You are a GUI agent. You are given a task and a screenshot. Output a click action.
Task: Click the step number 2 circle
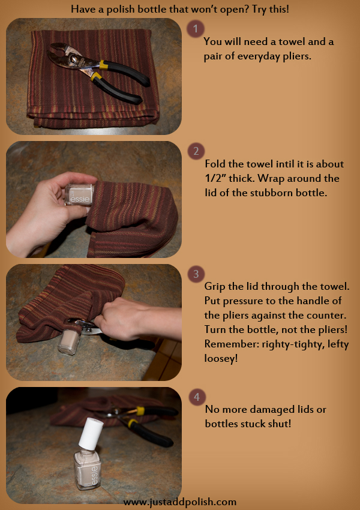tap(195, 151)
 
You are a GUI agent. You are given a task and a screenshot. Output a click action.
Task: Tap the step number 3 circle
tap(195, 274)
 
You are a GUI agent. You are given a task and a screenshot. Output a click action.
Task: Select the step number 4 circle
tap(196, 397)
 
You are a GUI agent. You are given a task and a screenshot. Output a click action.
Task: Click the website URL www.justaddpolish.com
tap(180, 502)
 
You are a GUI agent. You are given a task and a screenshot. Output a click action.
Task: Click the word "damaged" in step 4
tap(277, 409)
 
